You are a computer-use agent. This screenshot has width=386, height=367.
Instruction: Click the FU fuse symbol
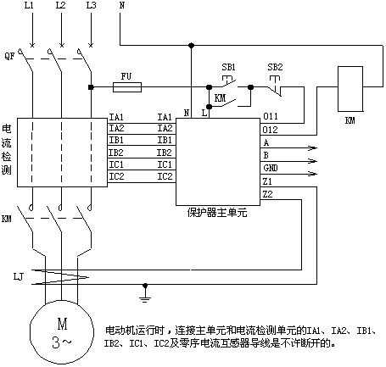[127, 87]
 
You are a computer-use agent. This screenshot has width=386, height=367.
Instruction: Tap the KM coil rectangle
[350, 89]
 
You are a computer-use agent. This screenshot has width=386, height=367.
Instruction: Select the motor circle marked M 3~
[62, 332]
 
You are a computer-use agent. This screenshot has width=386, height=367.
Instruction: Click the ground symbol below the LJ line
[145, 294]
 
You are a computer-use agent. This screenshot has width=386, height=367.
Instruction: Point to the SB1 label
[228, 67]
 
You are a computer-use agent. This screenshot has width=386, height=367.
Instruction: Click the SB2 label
[275, 67]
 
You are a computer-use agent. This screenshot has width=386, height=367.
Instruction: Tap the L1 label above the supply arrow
[29, 5]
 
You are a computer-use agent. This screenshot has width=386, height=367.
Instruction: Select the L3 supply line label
[91, 5]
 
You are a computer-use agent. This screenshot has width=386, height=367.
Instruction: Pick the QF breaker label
[9, 56]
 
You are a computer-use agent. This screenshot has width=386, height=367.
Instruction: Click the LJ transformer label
[19, 276]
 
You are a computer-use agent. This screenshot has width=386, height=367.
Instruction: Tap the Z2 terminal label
[267, 194]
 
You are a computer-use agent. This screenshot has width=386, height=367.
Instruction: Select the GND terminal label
[271, 168]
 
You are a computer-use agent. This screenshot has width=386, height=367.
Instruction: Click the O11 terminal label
[271, 116]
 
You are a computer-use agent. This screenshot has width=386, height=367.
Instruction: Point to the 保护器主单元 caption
[217, 213]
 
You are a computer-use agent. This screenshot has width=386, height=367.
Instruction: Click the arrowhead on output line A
[313, 147]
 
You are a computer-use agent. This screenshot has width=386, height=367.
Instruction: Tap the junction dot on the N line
[192, 45]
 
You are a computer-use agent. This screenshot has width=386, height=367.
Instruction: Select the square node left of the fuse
[91, 87]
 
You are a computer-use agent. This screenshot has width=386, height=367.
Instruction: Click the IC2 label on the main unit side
[165, 176]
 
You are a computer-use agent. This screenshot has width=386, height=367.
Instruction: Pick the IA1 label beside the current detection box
[116, 117]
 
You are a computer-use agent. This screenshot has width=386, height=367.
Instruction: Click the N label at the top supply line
[122, 5]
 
